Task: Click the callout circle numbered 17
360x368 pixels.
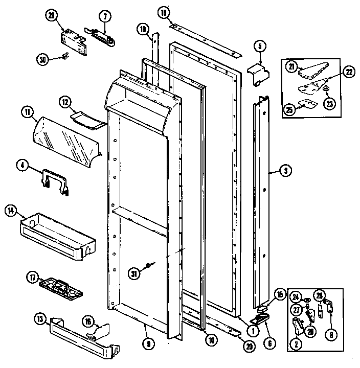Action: [32, 278]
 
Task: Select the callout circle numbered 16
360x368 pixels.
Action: [88, 321]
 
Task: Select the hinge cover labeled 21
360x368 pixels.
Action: [309, 71]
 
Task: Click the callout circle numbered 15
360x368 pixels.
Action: [279, 294]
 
